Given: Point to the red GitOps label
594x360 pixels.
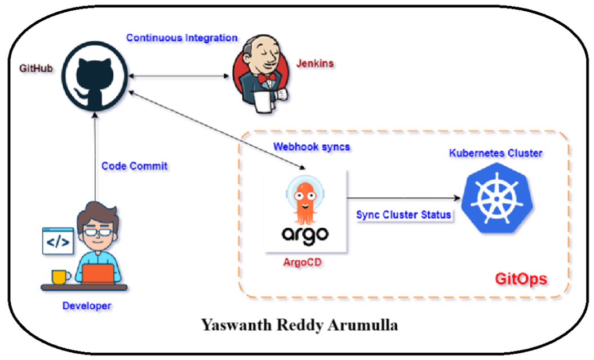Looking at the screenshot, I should point(521,279).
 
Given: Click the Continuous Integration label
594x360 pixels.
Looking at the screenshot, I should point(181,38).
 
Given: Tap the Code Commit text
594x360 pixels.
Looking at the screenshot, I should point(134,166).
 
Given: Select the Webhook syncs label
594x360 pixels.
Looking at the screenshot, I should point(312,146).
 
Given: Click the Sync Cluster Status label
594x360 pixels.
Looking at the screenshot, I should point(404,215).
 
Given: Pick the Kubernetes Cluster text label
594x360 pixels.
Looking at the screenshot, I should point(496,153).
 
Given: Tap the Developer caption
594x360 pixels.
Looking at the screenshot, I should point(86,306).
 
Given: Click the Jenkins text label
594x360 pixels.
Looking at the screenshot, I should point(315,63).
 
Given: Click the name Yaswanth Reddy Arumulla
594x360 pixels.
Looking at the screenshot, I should point(299,325).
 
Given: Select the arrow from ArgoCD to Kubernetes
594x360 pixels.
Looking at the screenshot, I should point(402,198).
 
